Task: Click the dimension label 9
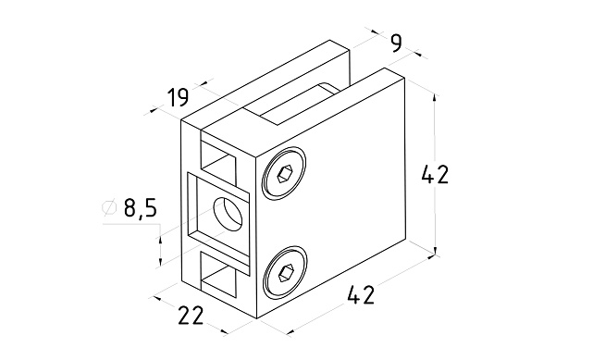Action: [x=396, y=43]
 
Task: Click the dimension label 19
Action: [x=178, y=97]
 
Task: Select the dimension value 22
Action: [x=191, y=315]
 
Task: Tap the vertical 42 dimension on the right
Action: [x=435, y=174]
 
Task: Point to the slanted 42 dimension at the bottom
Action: [x=361, y=295]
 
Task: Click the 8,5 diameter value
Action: [x=140, y=208]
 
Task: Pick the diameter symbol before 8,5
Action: [x=109, y=207]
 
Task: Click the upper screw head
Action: [x=284, y=174]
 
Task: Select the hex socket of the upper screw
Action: [x=284, y=174]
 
